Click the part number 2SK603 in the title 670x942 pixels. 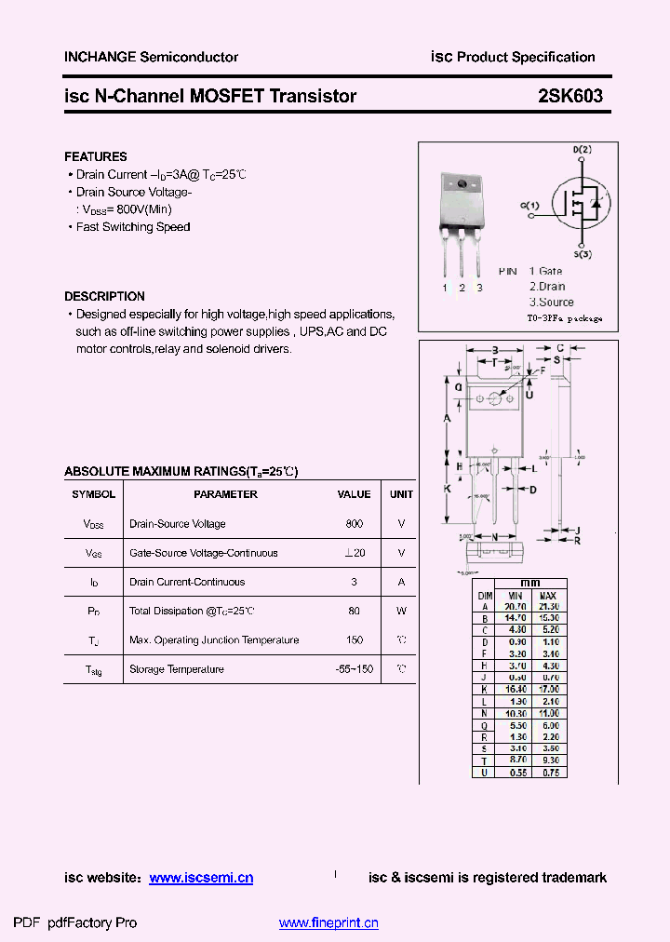pos(569,96)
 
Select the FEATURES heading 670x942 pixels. pos(96,156)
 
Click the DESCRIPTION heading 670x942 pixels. pos(104,296)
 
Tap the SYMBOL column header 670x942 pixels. pos(94,494)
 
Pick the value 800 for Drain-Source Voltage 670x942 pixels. pos(354,524)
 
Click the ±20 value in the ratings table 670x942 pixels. pos(354,553)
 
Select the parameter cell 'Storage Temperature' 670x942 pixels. pos(177,669)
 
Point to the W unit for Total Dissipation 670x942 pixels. pos(401,612)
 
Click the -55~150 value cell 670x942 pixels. pos(354,669)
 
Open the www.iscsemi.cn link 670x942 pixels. pos(200,878)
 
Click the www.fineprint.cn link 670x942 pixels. pos(328,923)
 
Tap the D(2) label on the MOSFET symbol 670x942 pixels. pos(582,149)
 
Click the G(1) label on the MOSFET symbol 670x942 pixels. pos(529,205)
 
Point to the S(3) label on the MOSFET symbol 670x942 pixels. pos(582,254)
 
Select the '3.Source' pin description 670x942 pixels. pos(552,302)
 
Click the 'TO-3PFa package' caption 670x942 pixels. pos(565,318)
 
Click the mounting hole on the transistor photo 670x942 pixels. pos(461,184)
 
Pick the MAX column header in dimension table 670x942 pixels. pos(548,595)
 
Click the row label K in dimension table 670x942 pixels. pos(485,689)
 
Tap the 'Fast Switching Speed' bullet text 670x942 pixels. pos(133,227)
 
